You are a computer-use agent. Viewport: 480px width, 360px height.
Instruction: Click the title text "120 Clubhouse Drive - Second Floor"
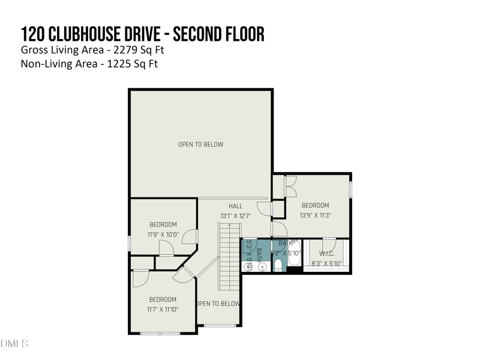[142, 34]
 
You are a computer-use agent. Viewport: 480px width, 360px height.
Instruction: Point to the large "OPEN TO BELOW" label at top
[200, 145]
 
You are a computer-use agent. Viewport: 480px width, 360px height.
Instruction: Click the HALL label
[235, 206]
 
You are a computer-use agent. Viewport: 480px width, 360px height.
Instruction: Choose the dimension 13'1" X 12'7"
[235, 216]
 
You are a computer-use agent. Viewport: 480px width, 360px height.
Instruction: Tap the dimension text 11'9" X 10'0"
[163, 235]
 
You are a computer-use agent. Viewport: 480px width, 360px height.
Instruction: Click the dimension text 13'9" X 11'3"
[316, 215]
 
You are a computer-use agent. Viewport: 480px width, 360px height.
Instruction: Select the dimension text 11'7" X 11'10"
[163, 309]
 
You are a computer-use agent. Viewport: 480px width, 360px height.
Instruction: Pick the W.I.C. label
[326, 254]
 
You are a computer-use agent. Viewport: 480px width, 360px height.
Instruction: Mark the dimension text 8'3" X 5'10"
[326, 263]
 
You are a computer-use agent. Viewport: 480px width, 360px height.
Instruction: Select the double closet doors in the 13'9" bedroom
[290, 187]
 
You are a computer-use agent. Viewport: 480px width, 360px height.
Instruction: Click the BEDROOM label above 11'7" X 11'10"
[163, 299]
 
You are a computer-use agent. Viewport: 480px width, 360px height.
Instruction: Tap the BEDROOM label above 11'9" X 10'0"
[163, 225]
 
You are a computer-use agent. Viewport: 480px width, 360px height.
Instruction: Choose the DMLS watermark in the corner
[14, 344]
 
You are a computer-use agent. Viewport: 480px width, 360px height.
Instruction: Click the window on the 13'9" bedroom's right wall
[351, 188]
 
